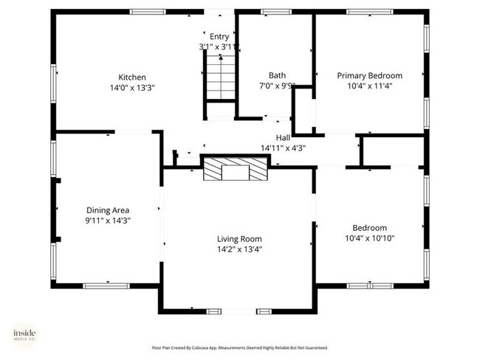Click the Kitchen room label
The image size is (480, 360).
[x=132, y=77]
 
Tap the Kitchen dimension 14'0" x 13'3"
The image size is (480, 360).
[x=132, y=87]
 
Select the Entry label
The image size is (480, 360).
[x=219, y=36]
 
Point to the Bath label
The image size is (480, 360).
[x=277, y=75]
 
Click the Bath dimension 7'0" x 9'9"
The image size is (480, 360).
[x=277, y=86]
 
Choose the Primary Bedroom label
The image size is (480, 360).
[x=369, y=75]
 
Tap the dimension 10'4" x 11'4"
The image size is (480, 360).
[x=369, y=86]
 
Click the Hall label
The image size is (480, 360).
[x=283, y=137]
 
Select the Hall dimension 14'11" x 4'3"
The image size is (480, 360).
[x=283, y=148]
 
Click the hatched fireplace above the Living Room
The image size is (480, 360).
[x=236, y=170]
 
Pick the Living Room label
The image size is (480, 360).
[x=239, y=238]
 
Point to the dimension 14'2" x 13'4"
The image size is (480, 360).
[x=239, y=249]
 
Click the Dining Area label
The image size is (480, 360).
[x=108, y=210]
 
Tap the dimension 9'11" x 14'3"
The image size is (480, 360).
[x=108, y=220]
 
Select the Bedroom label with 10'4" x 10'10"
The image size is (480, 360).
[x=369, y=228]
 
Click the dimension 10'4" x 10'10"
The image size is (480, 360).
[x=369, y=238]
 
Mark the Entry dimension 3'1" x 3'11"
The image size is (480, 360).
[x=217, y=46]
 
